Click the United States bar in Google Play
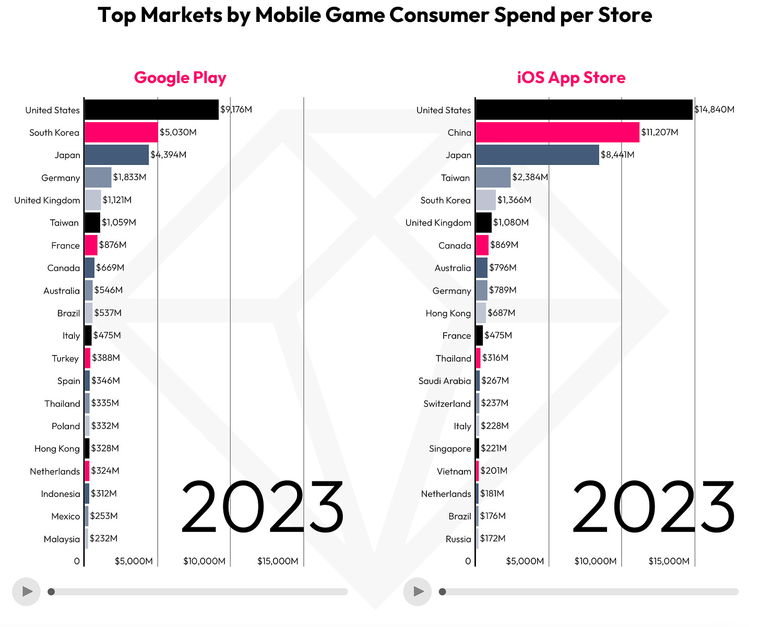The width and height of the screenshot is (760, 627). point(151,110)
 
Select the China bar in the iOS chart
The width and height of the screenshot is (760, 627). point(557,132)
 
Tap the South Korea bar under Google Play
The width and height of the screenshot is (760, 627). point(121,132)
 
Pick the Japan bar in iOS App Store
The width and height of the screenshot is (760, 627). point(537,155)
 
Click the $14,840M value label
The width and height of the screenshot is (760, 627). point(714,110)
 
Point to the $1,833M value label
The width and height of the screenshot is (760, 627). point(129,178)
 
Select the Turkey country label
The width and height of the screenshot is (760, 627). point(65,359)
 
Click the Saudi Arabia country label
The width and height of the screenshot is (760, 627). point(445,381)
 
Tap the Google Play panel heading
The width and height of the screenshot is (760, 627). point(180,77)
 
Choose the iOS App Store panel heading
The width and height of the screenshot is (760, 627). point(571,77)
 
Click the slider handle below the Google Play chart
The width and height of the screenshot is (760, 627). point(51,591)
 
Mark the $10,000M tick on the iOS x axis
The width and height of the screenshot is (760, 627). point(596,561)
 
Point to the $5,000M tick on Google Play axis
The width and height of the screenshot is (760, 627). point(134,561)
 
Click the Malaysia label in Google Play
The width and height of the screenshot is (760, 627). point(62,539)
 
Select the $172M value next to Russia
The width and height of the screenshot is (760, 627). point(493,538)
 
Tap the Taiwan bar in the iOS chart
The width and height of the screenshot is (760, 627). point(493,178)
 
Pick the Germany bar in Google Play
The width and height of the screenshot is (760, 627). point(98,178)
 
